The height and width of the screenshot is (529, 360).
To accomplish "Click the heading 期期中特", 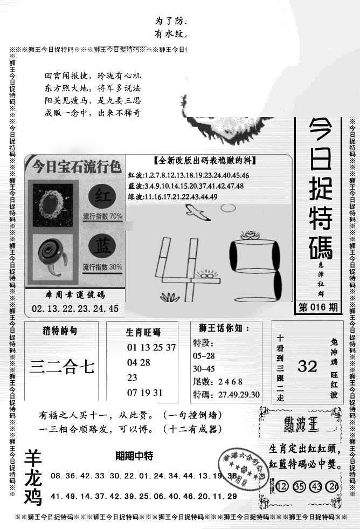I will point(134,456).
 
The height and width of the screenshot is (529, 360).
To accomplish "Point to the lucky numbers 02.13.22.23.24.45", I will point(75,309).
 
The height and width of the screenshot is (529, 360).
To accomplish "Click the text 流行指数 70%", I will point(102,216).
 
